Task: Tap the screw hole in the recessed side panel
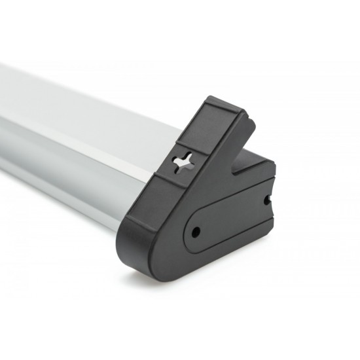(x=194, y=231)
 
